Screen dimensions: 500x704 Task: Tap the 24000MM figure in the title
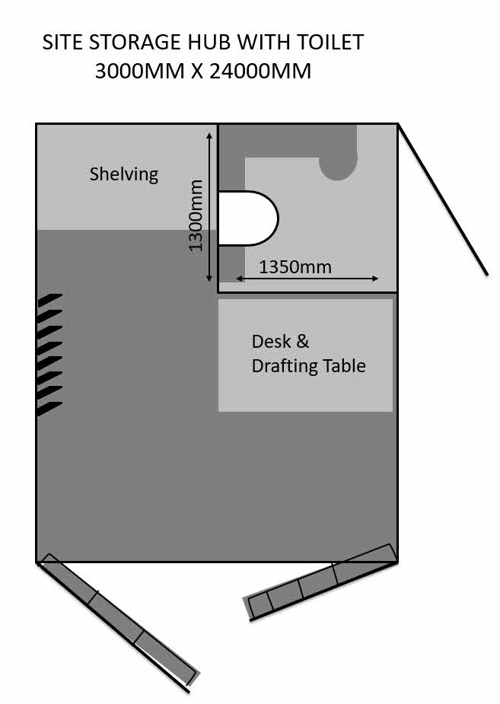point(260,71)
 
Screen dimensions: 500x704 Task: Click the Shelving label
point(124,174)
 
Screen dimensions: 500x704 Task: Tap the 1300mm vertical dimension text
point(196,215)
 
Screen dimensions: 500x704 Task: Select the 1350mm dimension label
point(295,267)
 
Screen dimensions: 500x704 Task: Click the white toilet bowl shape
point(248,218)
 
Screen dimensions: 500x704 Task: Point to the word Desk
point(271,342)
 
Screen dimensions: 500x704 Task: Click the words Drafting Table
point(309,366)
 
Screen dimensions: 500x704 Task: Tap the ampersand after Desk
point(303,342)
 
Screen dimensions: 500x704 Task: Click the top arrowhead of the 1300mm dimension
point(209,135)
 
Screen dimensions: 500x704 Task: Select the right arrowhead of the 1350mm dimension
point(374,279)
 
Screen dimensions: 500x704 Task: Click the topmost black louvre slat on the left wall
point(49,300)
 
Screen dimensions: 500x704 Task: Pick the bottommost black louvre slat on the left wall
point(49,409)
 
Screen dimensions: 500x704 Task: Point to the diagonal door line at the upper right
point(443,199)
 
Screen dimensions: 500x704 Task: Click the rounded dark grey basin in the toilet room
point(338,161)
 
